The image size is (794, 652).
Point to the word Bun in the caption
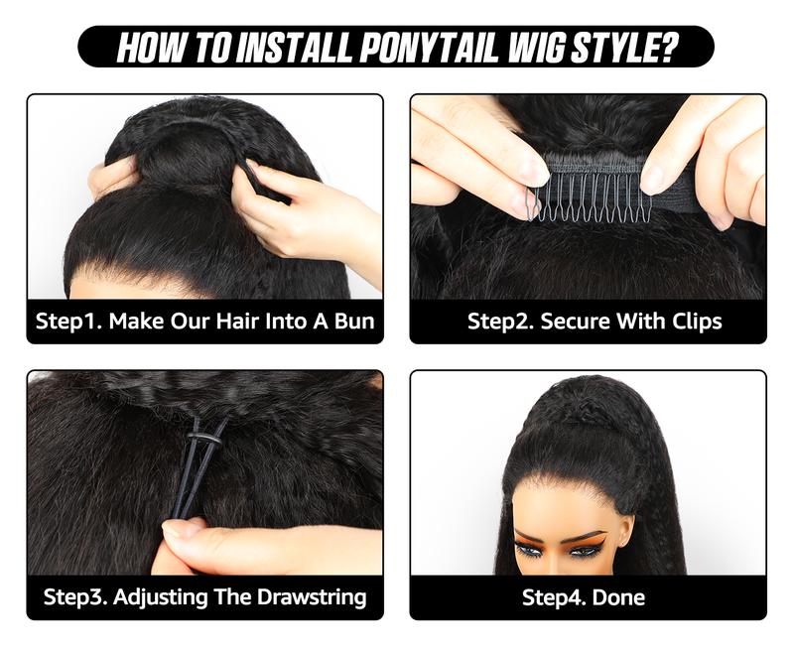click(x=353, y=322)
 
